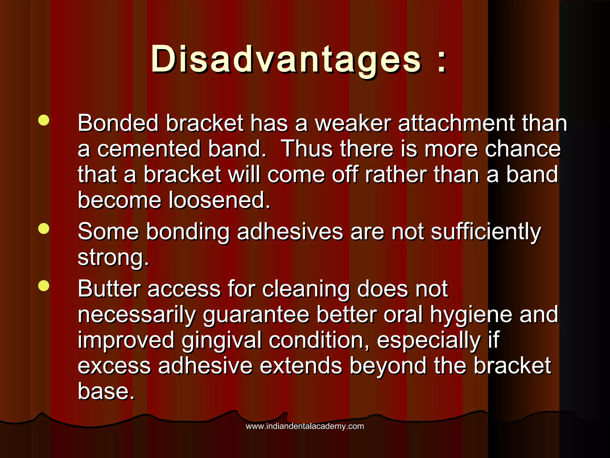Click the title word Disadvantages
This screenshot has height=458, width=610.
pos(286,60)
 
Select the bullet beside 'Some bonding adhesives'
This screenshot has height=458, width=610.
pos(44,229)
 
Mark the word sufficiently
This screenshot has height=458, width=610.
pos(486,232)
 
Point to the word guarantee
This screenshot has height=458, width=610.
pos(256,315)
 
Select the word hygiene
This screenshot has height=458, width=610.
pos(471,315)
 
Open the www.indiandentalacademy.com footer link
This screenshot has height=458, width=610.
pos(305,426)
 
